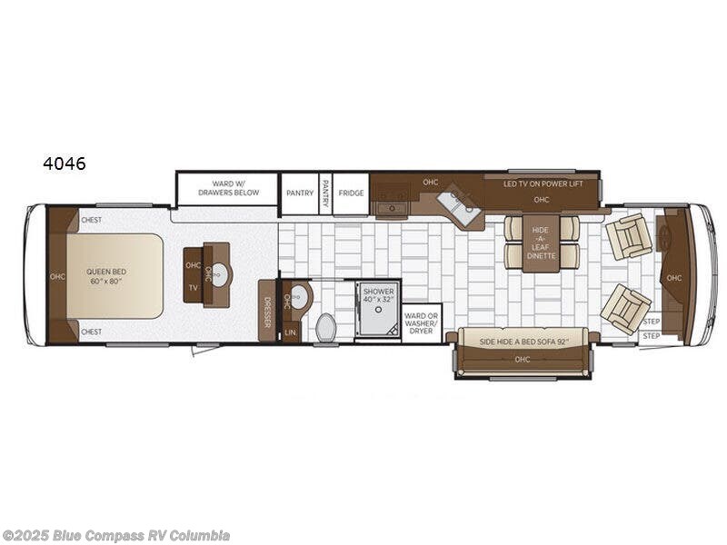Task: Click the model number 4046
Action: tap(64, 164)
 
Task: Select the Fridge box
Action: tap(351, 193)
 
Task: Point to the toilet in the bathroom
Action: tap(326, 328)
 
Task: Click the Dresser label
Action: tap(267, 311)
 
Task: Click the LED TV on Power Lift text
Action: tap(543, 183)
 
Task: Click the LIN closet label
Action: tap(290, 333)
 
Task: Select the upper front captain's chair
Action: tap(628, 235)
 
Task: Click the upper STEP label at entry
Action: tap(651, 321)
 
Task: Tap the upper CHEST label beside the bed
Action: tap(91, 220)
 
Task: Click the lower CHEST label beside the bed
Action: tap(91, 332)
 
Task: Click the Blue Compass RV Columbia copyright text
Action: tap(115, 535)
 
